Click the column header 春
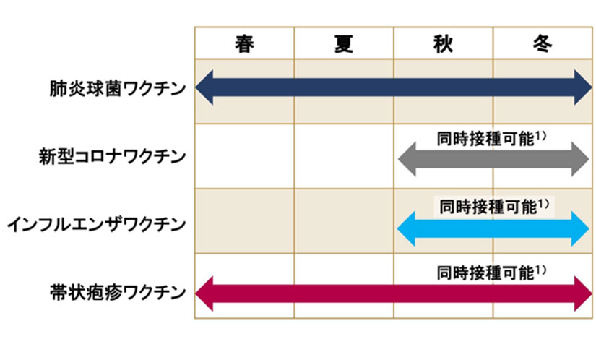[244, 43]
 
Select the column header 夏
[344, 43]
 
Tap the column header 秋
[443, 43]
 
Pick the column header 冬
[543, 43]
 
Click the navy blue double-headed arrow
[394, 90]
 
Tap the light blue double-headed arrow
[494, 228]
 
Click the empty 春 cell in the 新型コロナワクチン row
[244, 156]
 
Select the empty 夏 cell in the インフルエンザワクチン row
[344, 223]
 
